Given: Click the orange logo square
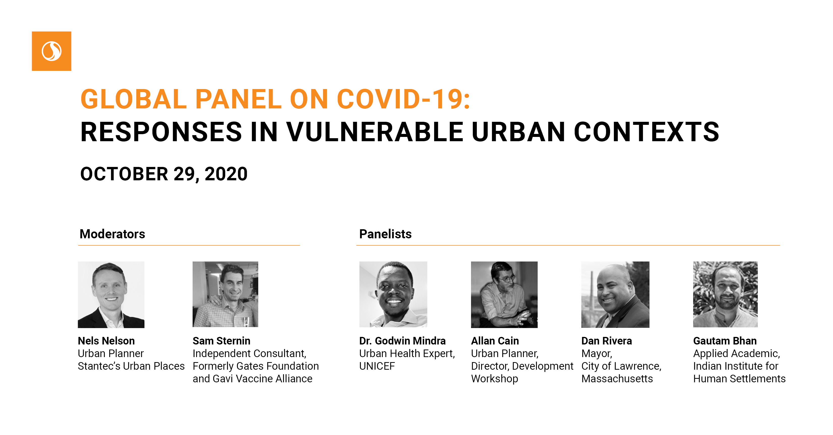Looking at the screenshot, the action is [x=51, y=51].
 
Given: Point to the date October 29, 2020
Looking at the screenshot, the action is [x=164, y=175].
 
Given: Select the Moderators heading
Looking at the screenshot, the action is [x=112, y=234].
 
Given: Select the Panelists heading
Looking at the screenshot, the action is [x=385, y=234].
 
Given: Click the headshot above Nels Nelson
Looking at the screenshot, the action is [x=111, y=295].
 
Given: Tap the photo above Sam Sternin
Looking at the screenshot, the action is [x=225, y=294].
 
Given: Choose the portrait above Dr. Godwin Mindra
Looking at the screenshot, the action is [x=393, y=294].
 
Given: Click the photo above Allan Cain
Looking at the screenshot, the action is [x=504, y=295].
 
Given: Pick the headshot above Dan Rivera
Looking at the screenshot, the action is [x=615, y=295].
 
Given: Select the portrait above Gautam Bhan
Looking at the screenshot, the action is [x=725, y=294].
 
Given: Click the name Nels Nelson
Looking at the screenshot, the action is [x=106, y=341].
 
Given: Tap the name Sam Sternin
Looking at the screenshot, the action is [x=222, y=341].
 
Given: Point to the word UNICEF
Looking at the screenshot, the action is [x=377, y=366].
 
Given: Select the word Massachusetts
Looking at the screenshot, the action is [x=617, y=379].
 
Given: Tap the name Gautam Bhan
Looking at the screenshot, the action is [x=725, y=341].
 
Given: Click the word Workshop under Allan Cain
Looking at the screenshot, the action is [x=494, y=379].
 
